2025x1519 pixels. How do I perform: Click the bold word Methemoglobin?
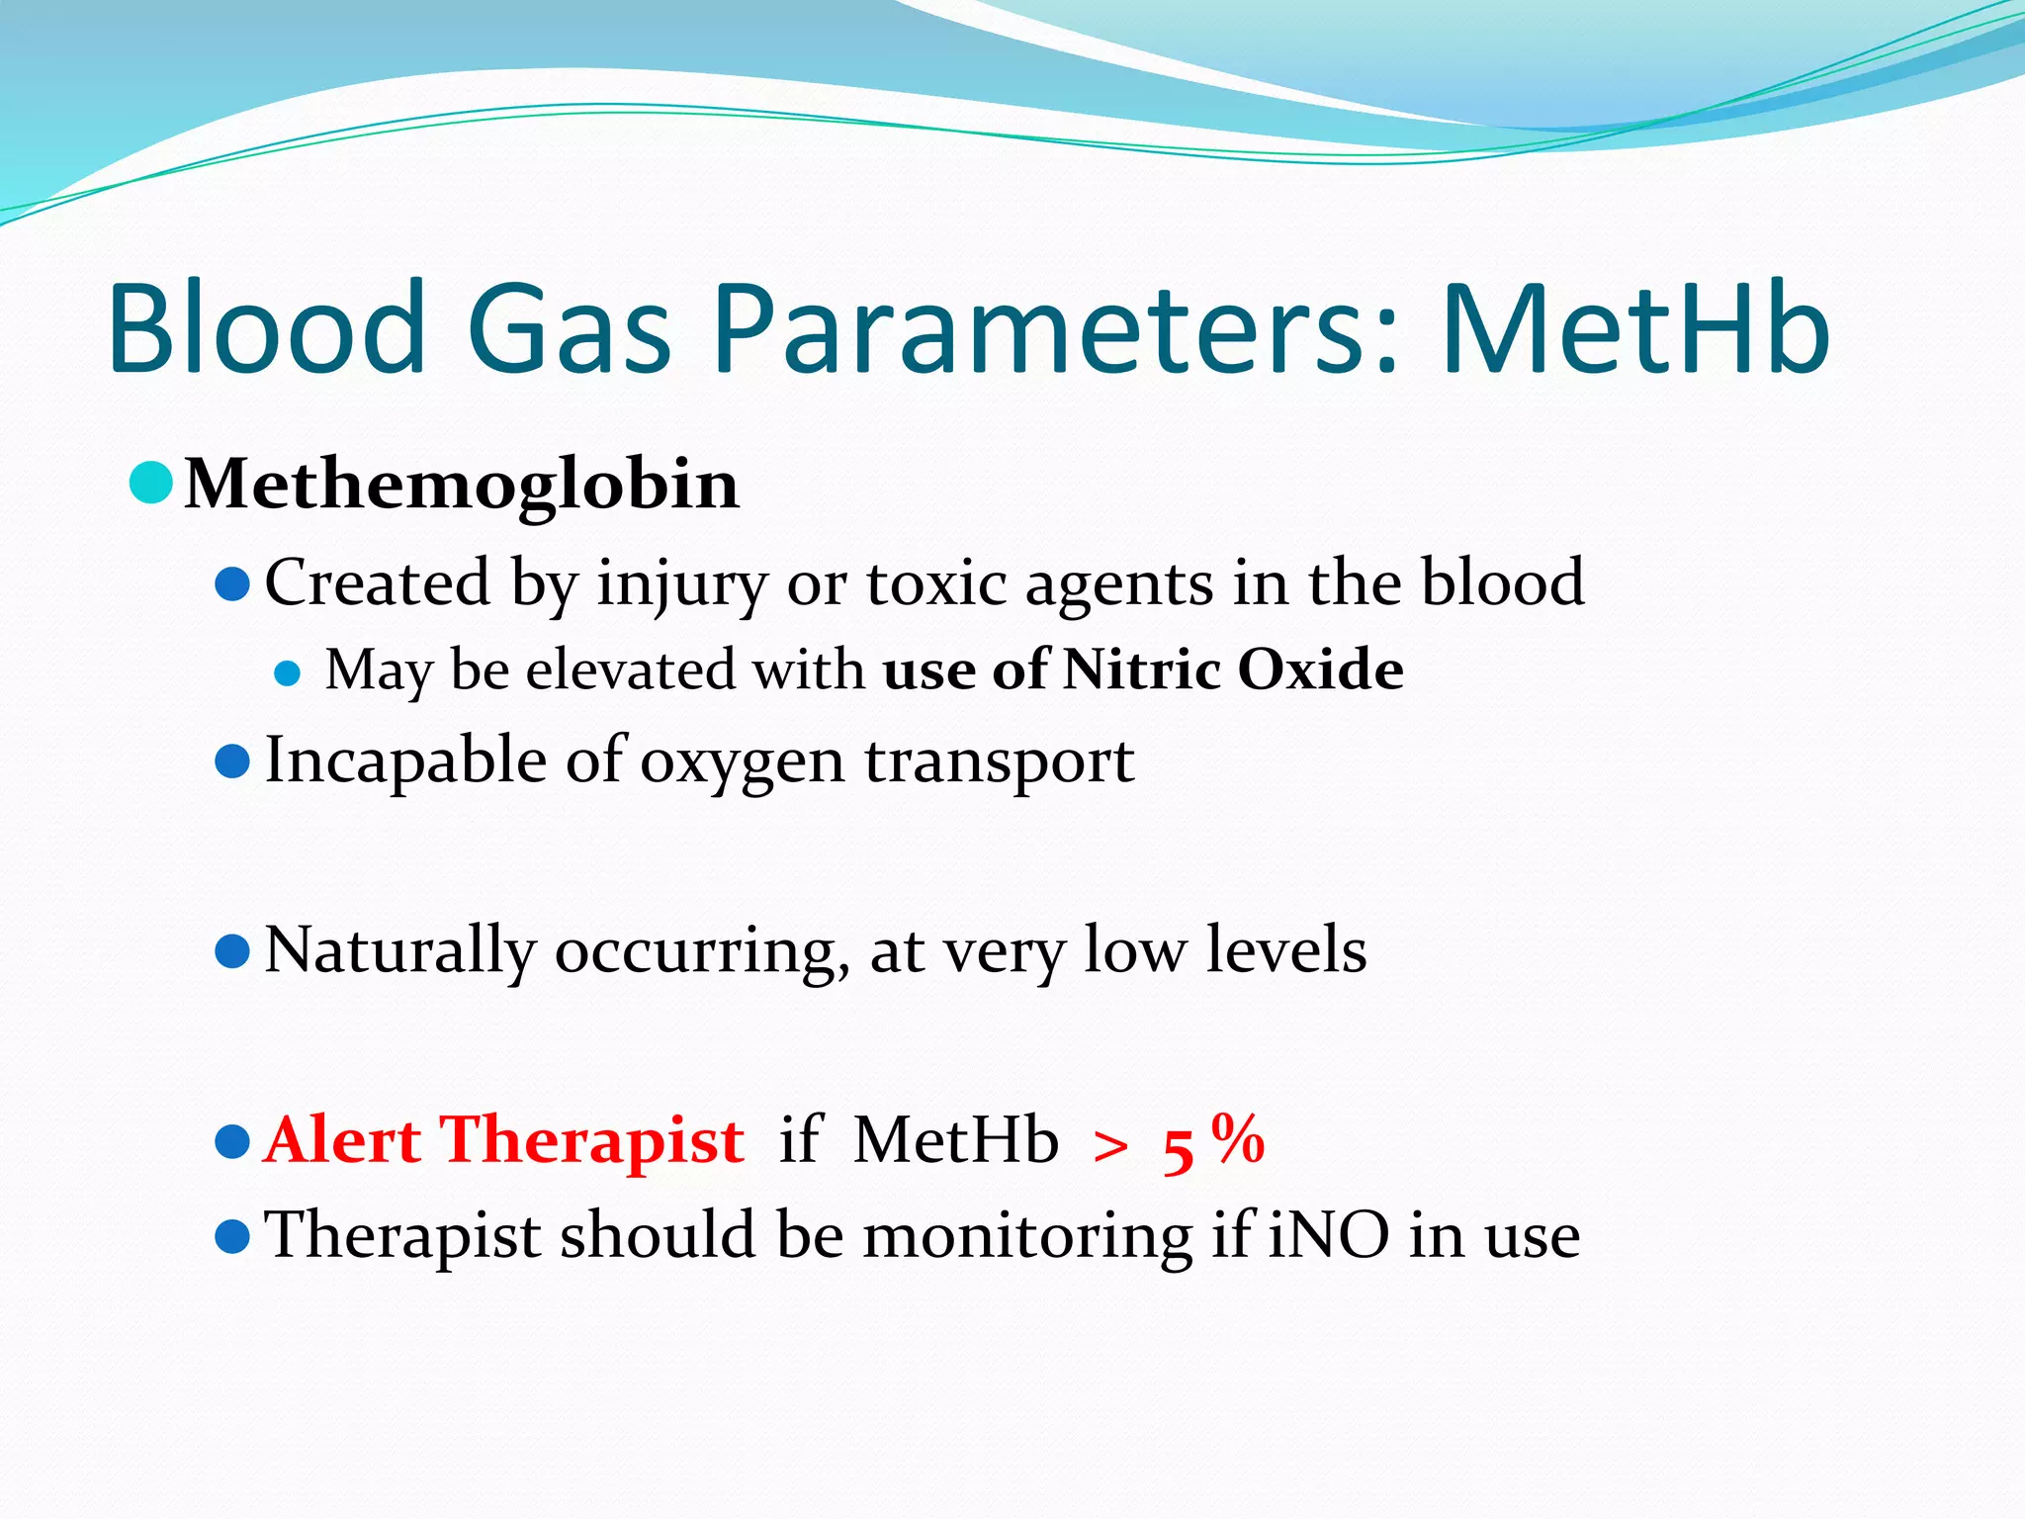[x=462, y=486]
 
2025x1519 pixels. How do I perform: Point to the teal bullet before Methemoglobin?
[x=151, y=483]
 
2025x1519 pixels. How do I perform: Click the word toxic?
[x=936, y=583]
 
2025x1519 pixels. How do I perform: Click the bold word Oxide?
[x=1320, y=670]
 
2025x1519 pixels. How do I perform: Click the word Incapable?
[x=405, y=762]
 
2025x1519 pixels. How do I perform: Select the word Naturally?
[x=400, y=951]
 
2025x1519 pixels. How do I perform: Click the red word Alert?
[x=343, y=1140]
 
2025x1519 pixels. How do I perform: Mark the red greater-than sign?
[x=1110, y=1147]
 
